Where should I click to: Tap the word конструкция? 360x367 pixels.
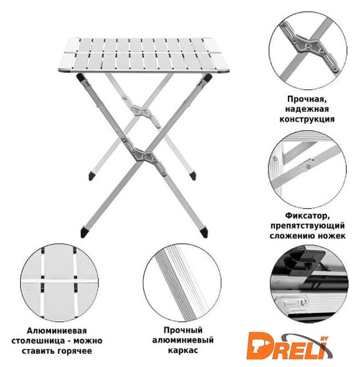[x=307, y=119]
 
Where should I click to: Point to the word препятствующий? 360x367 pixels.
[x=307, y=226]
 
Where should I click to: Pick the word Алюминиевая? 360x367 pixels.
[x=57, y=331]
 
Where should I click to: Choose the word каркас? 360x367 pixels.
[x=183, y=350]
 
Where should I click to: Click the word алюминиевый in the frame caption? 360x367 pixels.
[x=183, y=340]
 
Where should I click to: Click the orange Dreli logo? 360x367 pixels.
[x=289, y=346]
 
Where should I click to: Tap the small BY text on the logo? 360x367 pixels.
[x=324, y=339]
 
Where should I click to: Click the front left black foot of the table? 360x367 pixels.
[x=85, y=232]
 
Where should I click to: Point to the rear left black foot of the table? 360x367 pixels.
[x=92, y=176]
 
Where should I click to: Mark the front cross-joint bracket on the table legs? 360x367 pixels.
[x=145, y=157]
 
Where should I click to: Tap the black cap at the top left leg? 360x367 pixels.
[x=80, y=77]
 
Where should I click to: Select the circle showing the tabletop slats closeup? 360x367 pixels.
[x=59, y=283]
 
